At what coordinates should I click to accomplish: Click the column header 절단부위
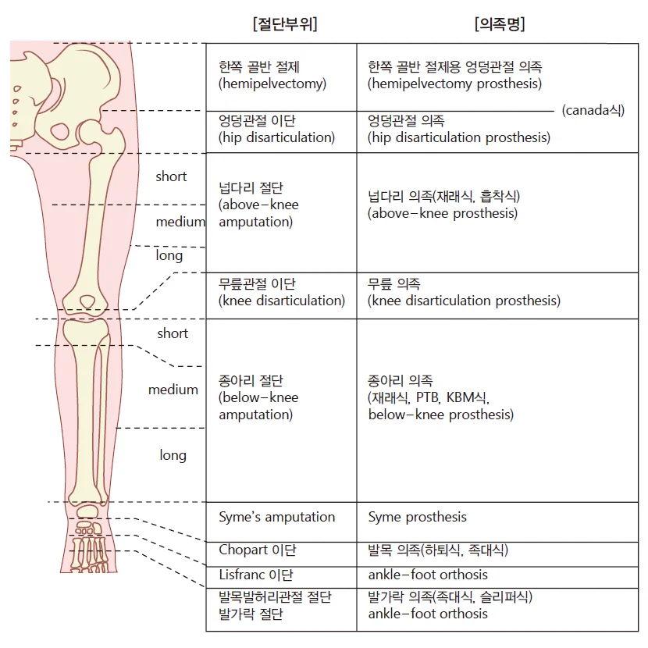pos(285,24)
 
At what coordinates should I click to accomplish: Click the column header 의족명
pos(500,24)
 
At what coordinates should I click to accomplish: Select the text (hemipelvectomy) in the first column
pos(272,84)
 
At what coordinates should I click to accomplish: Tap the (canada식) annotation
pos(593,110)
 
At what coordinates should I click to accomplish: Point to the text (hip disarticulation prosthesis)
pos(459,137)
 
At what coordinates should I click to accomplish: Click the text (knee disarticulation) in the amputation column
pos(281,301)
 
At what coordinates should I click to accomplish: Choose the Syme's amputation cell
pos(276,517)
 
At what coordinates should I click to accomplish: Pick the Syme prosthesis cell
pos(417,517)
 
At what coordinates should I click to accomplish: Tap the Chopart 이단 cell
pos(258,550)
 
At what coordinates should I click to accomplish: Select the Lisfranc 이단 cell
pos(256,575)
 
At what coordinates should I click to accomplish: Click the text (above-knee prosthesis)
pos(442,214)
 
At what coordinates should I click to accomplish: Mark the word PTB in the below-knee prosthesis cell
pos(428,397)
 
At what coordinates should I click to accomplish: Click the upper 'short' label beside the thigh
pos(171,177)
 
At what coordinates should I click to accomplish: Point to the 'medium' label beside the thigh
pos(180,223)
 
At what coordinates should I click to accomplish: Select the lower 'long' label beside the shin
pos(173,456)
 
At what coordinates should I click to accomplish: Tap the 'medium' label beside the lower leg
pos(173,390)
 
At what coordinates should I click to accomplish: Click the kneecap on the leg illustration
pos(87,301)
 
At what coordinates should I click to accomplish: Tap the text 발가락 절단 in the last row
pos(251,614)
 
